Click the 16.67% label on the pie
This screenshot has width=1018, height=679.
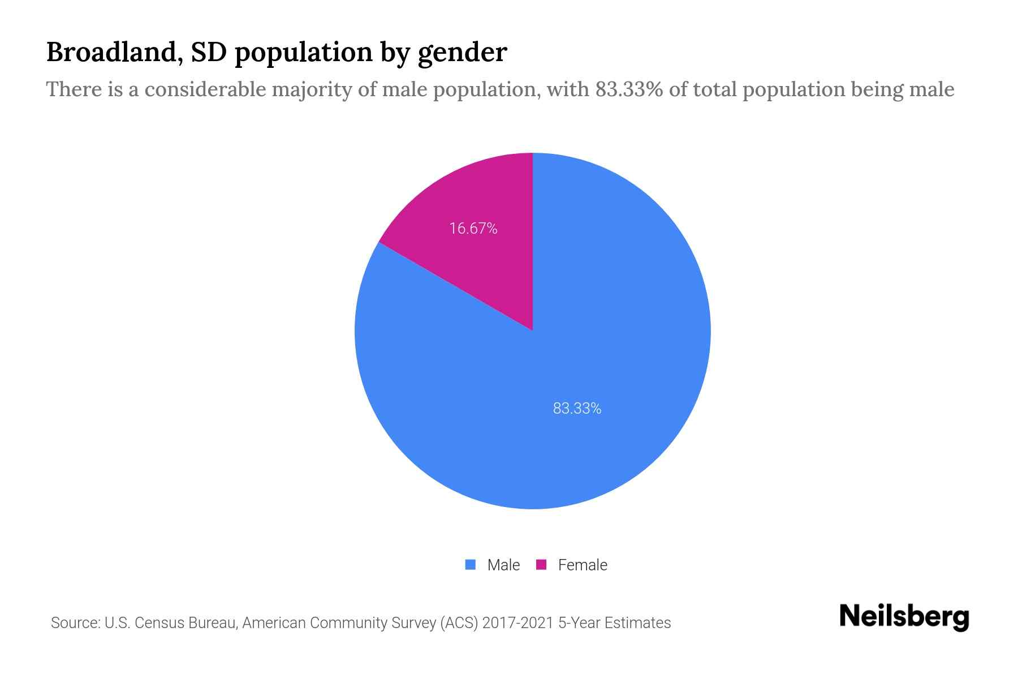pos(473,229)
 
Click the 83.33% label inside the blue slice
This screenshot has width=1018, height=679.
pos(577,409)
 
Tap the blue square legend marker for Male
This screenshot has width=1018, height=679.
pos(470,565)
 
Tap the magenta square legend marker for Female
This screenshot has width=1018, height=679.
pos(541,565)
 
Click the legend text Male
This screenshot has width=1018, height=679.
pos(503,565)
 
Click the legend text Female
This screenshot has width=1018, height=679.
pos(583,565)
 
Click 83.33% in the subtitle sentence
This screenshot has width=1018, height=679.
pos(628,89)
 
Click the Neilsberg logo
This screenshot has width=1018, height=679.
pos(904,616)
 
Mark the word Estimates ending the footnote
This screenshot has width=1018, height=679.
pos(637,623)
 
